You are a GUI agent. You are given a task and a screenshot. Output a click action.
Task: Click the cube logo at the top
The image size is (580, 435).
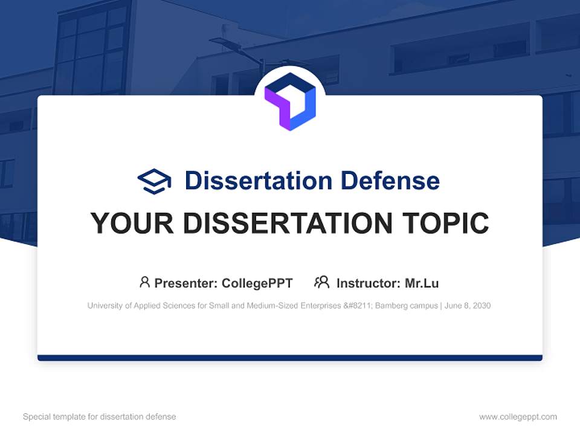point(290,101)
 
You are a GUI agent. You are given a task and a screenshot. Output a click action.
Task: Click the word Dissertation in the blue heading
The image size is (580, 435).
point(258,181)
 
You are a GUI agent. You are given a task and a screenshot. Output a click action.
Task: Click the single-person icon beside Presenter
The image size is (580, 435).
point(144,282)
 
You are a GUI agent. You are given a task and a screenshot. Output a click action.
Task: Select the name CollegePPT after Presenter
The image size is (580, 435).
point(257,283)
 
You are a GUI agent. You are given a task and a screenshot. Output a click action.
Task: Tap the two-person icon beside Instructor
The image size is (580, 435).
point(321,282)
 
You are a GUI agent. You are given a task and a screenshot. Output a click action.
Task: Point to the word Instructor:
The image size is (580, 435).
point(368,283)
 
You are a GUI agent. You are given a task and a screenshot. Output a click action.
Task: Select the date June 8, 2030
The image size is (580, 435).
point(468,306)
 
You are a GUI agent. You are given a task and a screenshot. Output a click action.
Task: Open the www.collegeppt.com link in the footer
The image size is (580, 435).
point(518,417)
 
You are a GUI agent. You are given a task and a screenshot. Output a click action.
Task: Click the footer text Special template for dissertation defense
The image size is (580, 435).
point(99,417)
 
